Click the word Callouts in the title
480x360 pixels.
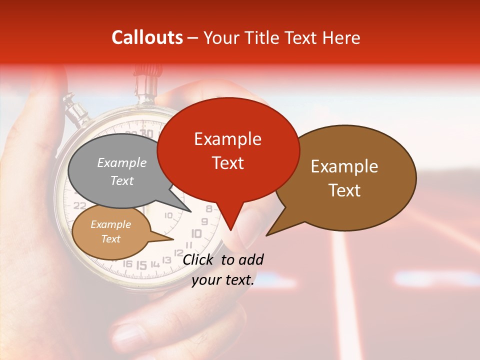tap(147, 37)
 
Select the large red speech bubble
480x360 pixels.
tap(228, 150)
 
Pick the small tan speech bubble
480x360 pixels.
tap(111, 231)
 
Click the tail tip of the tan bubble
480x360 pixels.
tap(173, 239)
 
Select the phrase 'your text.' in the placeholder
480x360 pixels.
tap(223, 280)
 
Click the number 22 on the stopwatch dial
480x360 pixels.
tap(79, 205)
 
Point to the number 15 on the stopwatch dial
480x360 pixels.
tap(141, 265)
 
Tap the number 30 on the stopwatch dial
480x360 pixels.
tap(146, 133)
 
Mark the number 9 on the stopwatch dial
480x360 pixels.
tap(204, 221)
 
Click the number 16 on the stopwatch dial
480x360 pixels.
tap(128, 263)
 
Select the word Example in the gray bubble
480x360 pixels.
tap(122, 162)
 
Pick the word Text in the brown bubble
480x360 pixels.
tap(345, 190)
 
